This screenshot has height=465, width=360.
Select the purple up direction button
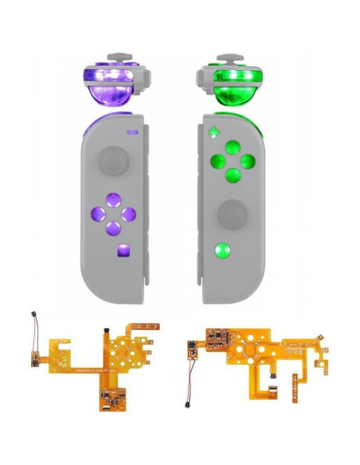click(112, 200)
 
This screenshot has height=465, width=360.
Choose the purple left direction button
click(97, 214)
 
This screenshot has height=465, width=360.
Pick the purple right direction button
click(127, 214)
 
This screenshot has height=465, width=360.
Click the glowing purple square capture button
click(121, 252)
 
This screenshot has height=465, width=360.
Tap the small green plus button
click(212, 132)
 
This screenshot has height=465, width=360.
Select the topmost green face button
click(233, 146)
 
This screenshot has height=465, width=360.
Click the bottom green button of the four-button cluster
click(233, 175)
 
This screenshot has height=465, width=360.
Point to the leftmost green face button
click(217, 161)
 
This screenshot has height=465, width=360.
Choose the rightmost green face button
click(248, 161)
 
